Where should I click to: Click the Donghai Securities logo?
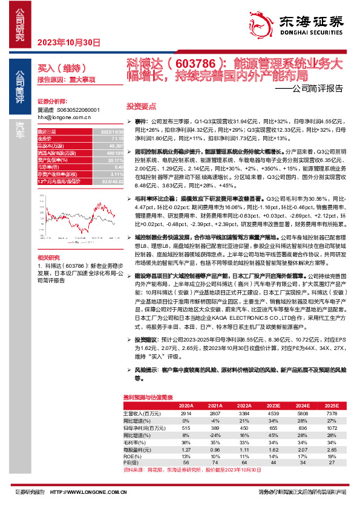pos(309,23)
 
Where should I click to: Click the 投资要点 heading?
pos(138,105)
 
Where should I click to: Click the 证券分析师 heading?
pos(50,102)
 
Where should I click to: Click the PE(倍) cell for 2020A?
pos(186,462)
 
